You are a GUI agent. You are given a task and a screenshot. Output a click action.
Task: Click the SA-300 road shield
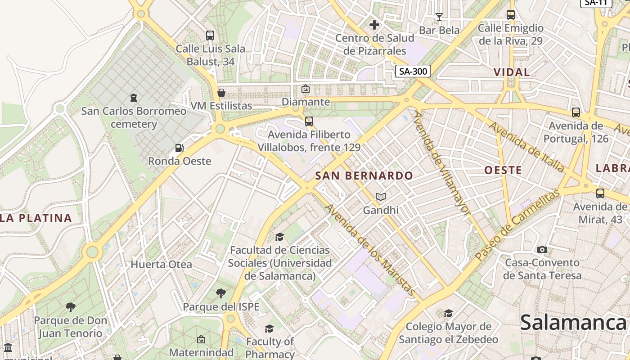point(413,71)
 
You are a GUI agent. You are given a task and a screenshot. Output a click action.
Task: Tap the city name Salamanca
point(573,323)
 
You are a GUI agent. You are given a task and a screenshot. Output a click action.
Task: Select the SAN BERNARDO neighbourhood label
point(364,176)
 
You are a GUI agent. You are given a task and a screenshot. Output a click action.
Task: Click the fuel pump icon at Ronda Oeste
point(179,148)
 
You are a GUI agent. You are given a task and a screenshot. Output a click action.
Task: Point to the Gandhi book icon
point(381,197)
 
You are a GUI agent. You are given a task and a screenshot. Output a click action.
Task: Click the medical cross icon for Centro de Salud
point(374,24)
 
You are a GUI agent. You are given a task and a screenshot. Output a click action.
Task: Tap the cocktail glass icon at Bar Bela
point(439,17)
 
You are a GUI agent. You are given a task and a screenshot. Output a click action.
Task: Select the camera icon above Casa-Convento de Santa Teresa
point(542,249)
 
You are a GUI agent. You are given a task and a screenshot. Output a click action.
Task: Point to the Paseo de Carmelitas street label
point(517,224)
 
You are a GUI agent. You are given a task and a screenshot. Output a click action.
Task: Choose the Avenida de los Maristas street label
point(370,250)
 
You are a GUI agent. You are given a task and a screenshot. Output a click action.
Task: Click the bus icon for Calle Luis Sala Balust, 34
point(210,35)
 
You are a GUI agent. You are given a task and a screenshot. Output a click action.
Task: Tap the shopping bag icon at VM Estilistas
point(221,93)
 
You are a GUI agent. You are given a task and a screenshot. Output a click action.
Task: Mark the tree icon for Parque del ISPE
point(220,293)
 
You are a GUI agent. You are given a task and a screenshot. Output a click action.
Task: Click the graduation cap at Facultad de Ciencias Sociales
point(279,237)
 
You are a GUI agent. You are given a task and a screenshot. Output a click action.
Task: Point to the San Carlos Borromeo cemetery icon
point(133,97)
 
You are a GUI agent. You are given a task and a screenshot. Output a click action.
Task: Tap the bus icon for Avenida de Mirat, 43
point(600,193)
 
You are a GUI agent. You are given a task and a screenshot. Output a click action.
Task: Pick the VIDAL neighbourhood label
point(512,72)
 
